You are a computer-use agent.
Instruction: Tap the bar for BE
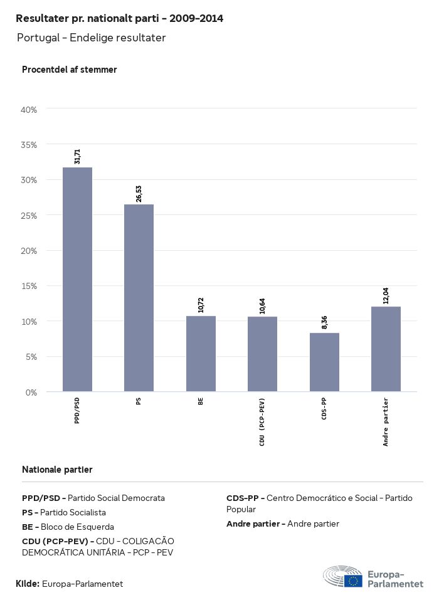click(x=201, y=354)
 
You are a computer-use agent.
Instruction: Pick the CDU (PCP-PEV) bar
click(x=262, y=354)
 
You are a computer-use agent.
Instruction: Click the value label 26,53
click(x=139, y=193)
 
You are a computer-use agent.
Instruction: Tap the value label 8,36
click(x=324, y=322)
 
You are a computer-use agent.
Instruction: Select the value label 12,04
click(x=386, y=295)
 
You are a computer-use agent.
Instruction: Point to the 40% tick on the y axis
click(x=29, y=110)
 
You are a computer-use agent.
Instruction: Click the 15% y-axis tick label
click(x=29, y=286)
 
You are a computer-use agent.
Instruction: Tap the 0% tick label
click(x=31, y=392)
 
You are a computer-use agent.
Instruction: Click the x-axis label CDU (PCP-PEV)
click(x=262, y=422)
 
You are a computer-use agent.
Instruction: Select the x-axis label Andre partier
click(x=386, y=422)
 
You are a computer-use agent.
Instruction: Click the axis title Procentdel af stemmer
click(x=70, y=70)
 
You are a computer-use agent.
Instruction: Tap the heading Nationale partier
click(x=57, y=470)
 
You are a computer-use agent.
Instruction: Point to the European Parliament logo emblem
click(x=343, y=577)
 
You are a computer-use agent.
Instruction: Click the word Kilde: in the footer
click(x=28, y=584)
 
